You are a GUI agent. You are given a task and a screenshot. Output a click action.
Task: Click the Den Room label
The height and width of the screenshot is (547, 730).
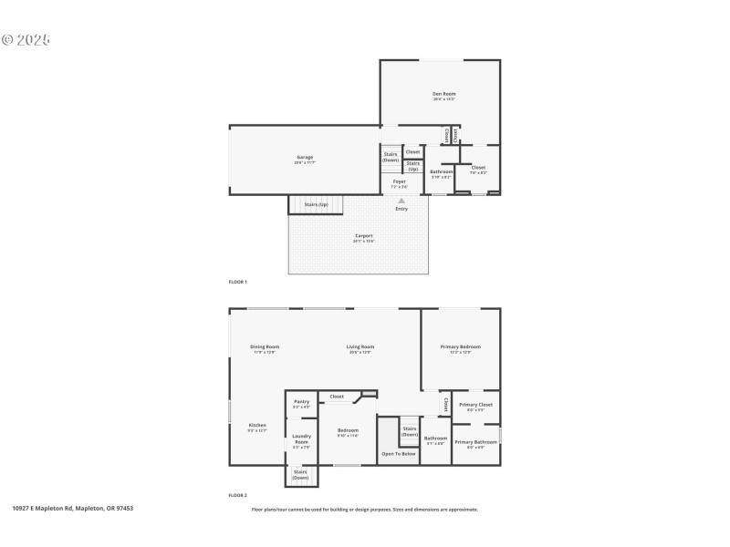[444, 94]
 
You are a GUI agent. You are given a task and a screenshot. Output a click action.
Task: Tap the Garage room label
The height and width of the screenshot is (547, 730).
[305, 158]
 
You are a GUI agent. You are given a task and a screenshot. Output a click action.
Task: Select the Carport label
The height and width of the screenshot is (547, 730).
[363, 236]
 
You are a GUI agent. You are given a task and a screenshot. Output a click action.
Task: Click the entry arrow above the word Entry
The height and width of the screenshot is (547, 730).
[401, 201]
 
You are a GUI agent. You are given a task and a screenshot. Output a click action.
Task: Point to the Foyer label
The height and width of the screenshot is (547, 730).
[400, 181]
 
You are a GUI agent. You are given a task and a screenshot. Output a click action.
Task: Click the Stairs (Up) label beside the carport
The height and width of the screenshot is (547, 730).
[316, 204]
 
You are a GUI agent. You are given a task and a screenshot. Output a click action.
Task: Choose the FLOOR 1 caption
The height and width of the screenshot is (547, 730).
[237, 282]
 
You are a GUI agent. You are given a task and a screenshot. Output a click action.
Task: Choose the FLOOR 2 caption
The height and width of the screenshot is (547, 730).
[237, 495]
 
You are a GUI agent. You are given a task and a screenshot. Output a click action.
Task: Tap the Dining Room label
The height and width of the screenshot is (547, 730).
[265, 346]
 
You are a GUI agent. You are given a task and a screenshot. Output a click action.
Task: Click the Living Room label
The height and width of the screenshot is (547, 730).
[360, 346]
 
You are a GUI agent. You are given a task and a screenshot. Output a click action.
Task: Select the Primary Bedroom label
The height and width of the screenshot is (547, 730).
[460, 346]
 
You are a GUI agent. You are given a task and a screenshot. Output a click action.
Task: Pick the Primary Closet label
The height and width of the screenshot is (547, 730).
[475, 405]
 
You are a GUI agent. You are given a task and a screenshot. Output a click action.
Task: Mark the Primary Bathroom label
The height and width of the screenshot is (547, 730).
[475, 442]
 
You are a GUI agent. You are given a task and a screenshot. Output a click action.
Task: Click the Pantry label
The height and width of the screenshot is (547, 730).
[301, 402]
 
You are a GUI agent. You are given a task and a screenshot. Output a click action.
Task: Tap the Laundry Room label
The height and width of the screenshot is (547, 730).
[301, 439]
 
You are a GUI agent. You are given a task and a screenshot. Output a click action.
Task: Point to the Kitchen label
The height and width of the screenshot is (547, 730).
[257, 426]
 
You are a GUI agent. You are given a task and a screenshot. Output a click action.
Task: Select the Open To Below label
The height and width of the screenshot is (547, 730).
[399, 453]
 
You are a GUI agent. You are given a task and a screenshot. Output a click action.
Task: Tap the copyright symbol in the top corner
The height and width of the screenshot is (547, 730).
[7, 40]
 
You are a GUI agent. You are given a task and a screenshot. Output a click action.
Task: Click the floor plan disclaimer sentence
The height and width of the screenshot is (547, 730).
[364, 510]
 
